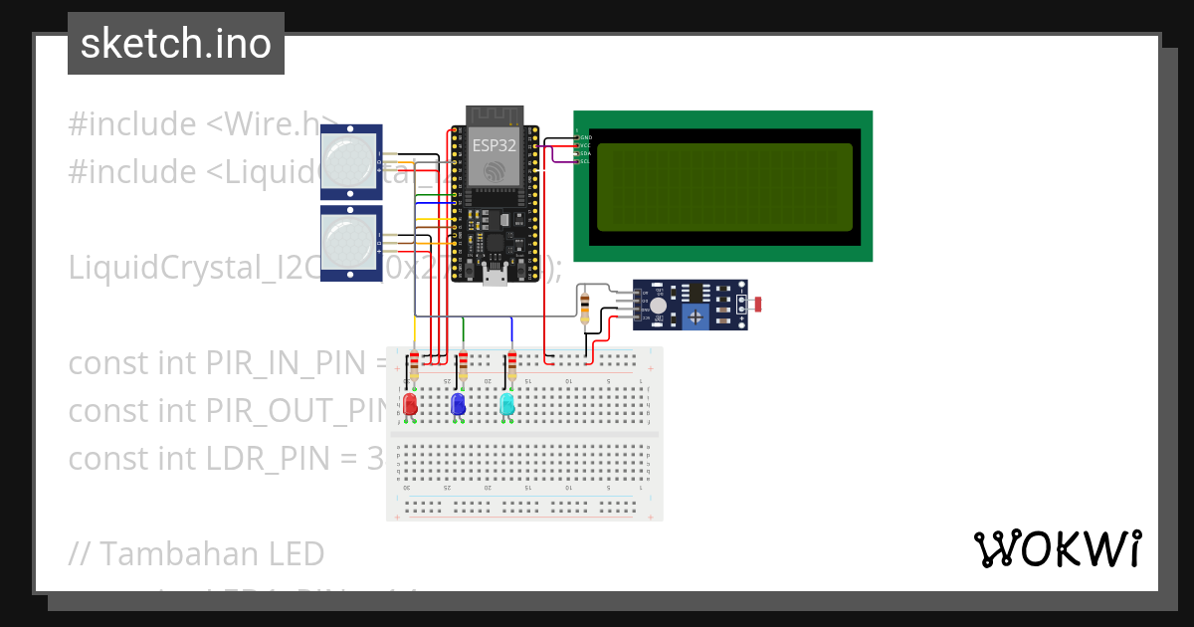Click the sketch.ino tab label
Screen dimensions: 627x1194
tap(176, 44)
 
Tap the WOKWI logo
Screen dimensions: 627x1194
tap(1057, 548)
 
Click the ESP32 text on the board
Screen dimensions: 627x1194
tap(495, 145)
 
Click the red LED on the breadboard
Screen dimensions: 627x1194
tap(410, 404)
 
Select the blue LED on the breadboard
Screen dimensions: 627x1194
tap(458, 404)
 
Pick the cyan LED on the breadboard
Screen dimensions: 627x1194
tap(506, 404)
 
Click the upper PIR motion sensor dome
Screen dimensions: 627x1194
tap(350, 160)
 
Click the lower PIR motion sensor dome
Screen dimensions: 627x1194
tap(350, 241)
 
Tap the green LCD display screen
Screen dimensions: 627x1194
tap(724, 186)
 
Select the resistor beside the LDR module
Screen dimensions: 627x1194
tap(585, 307)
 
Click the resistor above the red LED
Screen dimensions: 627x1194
tap(414, 365)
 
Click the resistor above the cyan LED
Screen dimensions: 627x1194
tap(512, 365)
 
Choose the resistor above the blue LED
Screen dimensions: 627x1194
tap(463, 365)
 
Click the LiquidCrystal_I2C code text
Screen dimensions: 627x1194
tap(209, 268)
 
